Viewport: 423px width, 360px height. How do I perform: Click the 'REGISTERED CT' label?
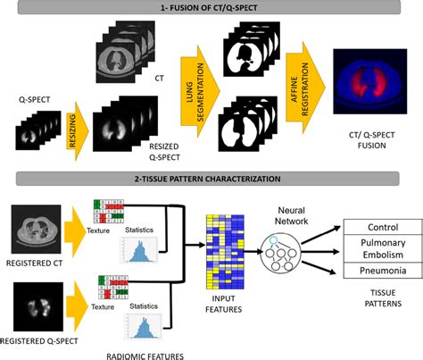click(36, 264)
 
